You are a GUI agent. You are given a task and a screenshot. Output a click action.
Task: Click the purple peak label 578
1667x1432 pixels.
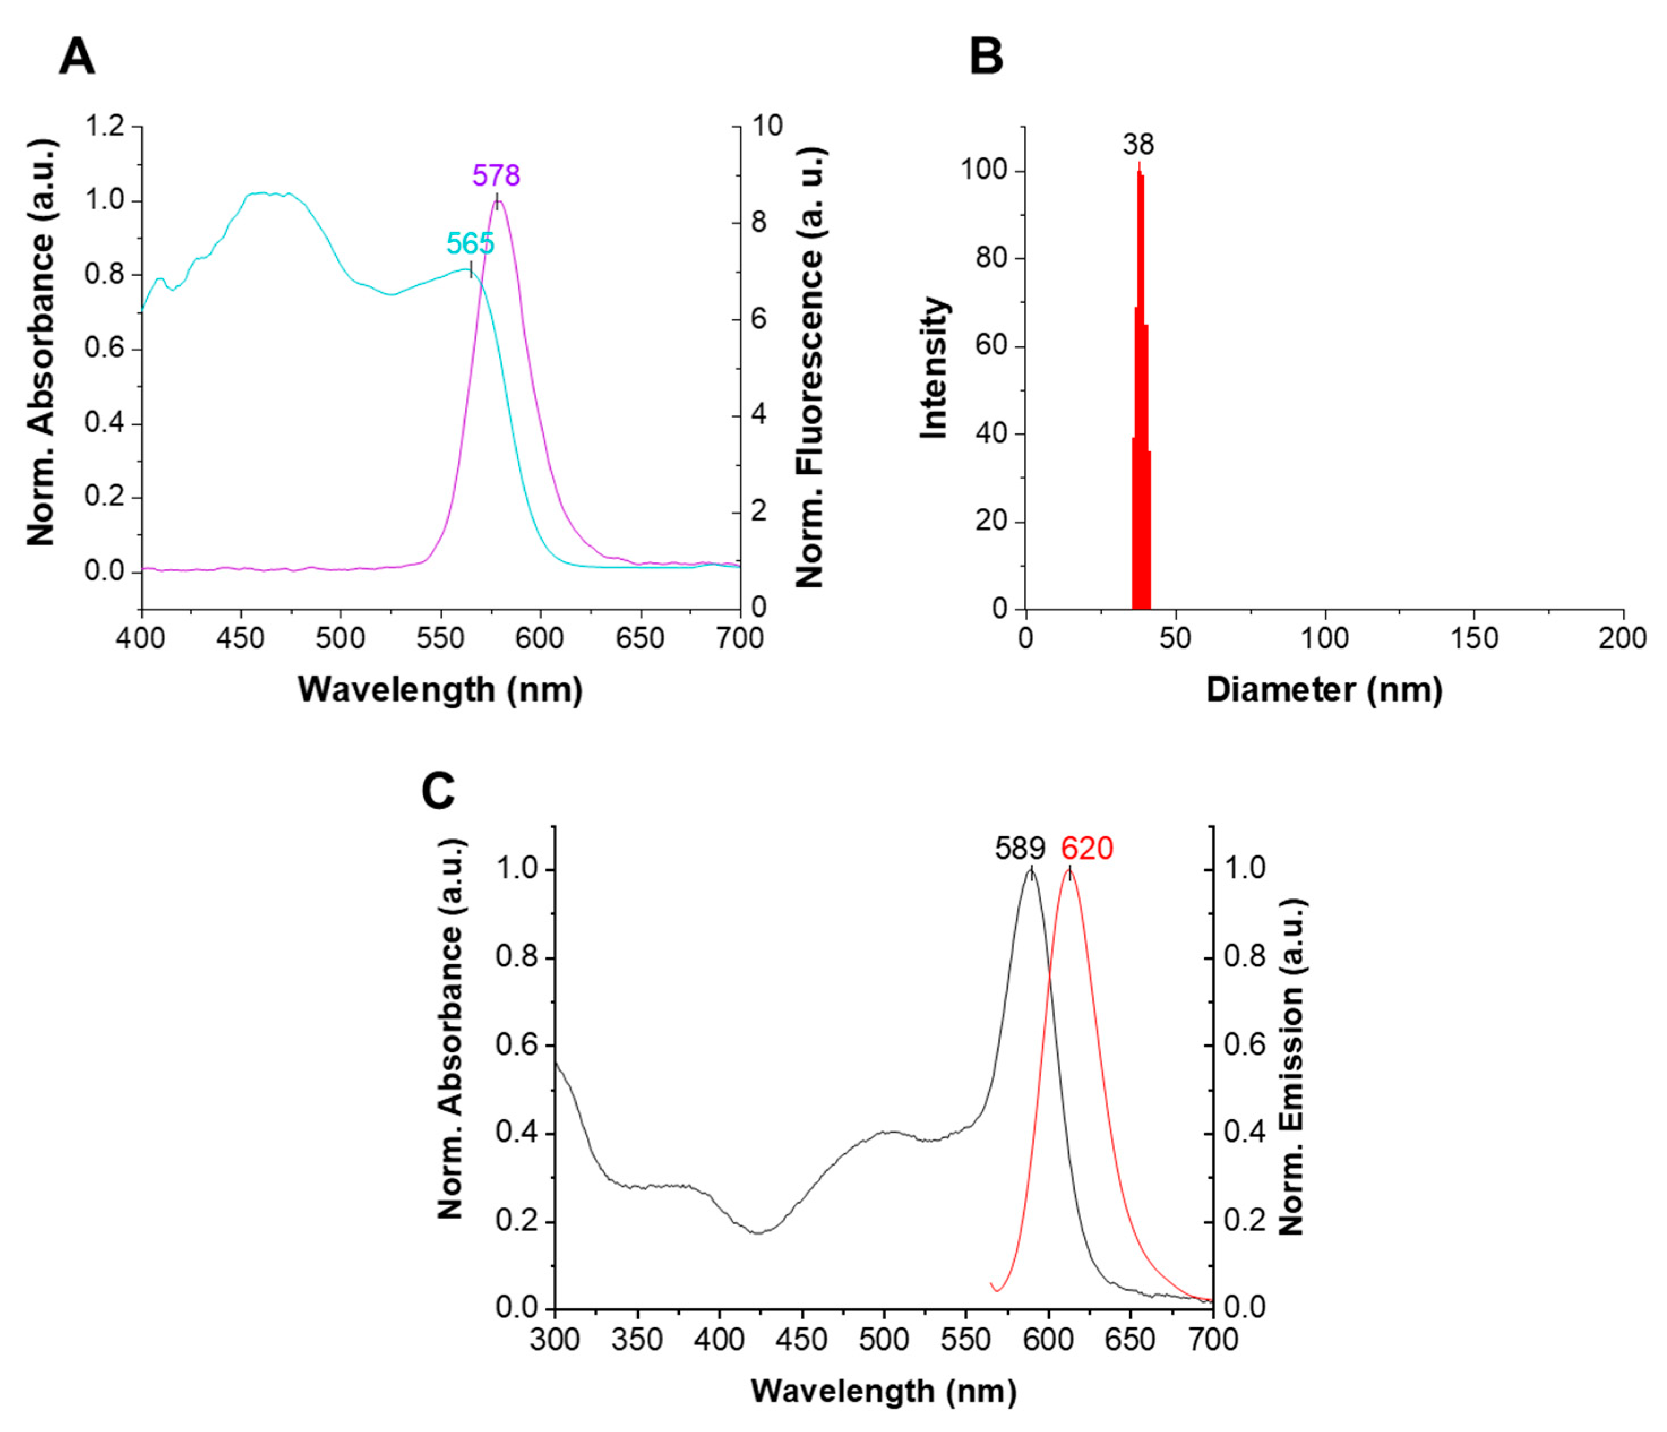point(496,175)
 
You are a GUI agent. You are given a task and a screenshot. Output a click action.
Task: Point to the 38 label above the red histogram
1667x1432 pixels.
point(1138,145)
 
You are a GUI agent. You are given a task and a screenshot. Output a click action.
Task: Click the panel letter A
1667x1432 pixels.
point(77,58)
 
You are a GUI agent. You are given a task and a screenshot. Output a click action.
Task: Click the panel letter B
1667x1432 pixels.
point(986,58)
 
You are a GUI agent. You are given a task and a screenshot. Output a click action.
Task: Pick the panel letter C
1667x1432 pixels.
point(439,791)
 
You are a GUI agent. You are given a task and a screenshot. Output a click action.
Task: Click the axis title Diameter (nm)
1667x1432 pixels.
point(1324,690)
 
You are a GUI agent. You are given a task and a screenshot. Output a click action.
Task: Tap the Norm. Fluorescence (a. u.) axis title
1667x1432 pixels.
point(810,368)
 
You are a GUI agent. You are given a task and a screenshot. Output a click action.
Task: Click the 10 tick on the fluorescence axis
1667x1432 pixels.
point(767,126)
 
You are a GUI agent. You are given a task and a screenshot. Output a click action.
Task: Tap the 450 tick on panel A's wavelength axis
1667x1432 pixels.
point(240,639)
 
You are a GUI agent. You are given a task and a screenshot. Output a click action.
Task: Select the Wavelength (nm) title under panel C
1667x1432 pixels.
point(883,1391)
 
